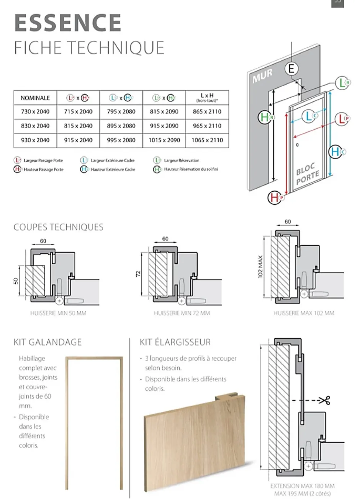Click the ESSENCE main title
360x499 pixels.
tap(68, 23)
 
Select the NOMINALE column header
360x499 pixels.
tap(35, 98)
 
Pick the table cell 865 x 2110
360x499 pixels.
tap(207, 112)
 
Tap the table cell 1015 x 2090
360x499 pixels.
tap(164, 140)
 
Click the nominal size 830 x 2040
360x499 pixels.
tap(35, 126)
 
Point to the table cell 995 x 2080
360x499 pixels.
tap(121, 140)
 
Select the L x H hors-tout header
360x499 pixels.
tap(207, 98)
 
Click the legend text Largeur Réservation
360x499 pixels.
tap(182, 161)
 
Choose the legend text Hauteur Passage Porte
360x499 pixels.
tap(43, 170)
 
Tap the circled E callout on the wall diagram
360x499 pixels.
tap(291, 69)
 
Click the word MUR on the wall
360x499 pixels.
tap(263, 75)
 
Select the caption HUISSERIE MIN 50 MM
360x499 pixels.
tap(58, 313)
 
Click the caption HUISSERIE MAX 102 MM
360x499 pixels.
tap(304, 313)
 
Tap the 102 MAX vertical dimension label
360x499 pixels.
tap(260, 267)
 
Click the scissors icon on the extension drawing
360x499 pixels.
tap(325, 401)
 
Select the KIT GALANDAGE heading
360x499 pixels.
tap(47, 342)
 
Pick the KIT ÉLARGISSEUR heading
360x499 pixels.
tap(175, 342)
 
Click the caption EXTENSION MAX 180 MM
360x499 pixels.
tap(303, 486)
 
